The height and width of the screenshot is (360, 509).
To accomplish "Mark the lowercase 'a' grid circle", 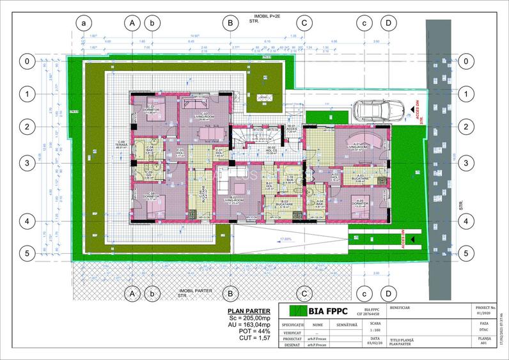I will tap(84, 22).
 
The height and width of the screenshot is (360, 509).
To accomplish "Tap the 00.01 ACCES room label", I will tap(292, 128).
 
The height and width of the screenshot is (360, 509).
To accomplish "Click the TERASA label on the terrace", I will tap(120, 144).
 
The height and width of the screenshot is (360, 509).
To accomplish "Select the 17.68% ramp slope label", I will tap(285, 240).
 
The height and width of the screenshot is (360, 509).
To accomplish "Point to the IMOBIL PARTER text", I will tap(196, 290).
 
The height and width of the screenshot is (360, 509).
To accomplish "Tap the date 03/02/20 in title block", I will tap(375, 342).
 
